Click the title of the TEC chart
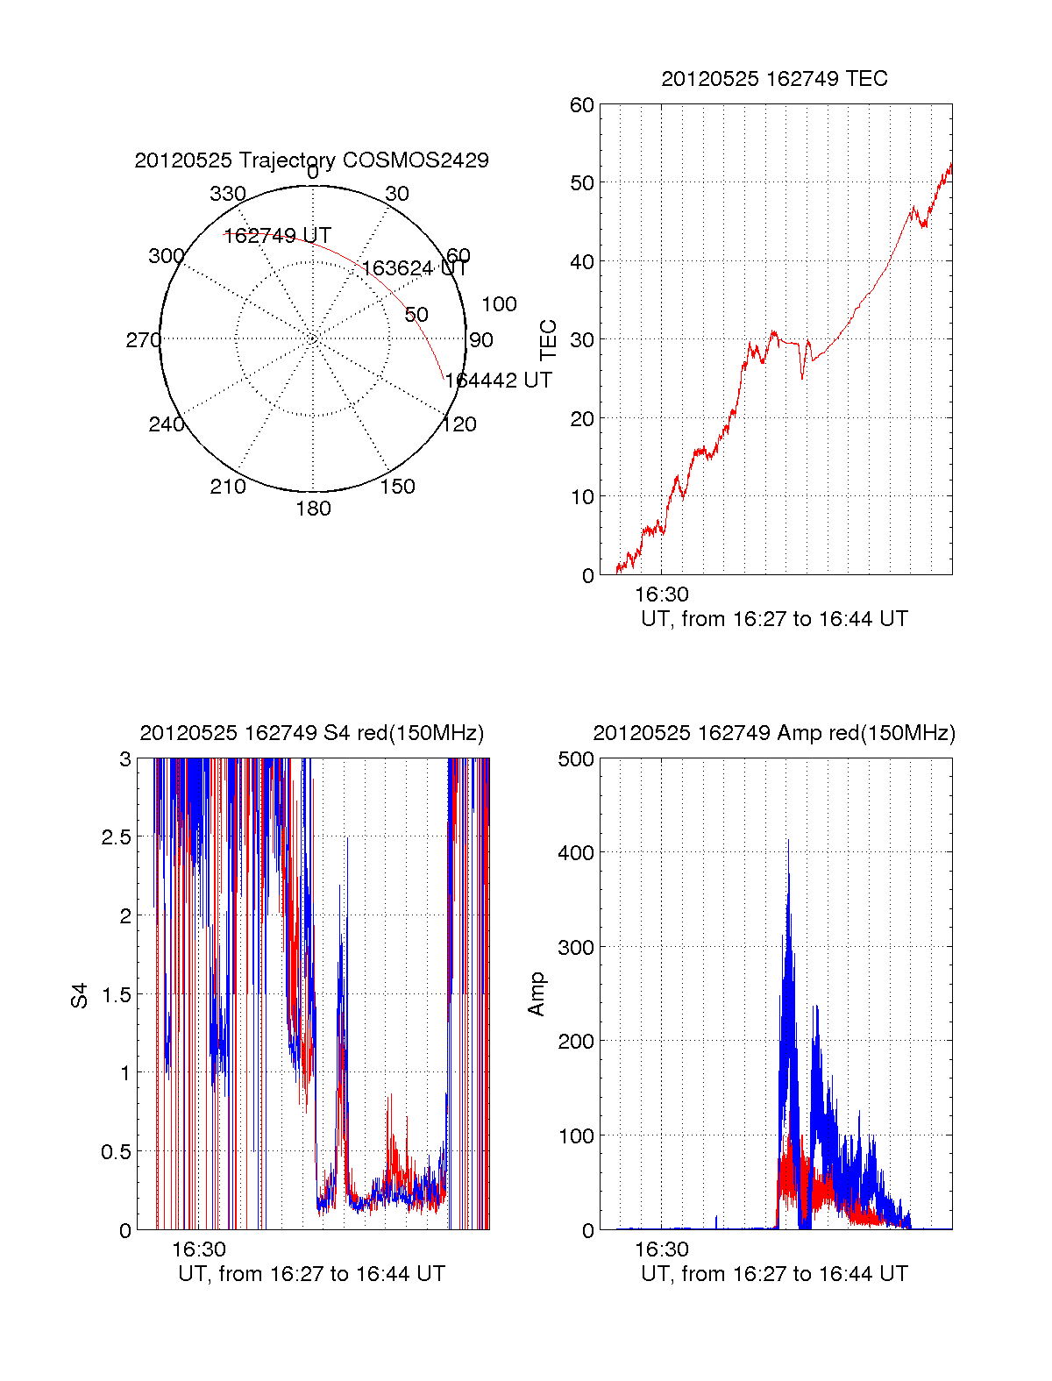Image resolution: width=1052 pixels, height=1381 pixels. [774, 79]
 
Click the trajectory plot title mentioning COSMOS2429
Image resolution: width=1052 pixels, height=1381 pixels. [311, 160]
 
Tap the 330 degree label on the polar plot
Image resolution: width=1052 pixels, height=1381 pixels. [228, 194]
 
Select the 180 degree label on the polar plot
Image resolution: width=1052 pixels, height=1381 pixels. [313, 509]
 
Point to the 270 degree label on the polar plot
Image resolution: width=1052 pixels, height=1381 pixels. [143, 340]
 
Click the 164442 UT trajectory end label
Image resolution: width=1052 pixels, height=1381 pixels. [498, 381]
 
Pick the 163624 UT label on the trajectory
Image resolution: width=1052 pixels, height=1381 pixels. [415, 268]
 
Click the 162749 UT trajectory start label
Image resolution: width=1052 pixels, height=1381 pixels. [277, 236]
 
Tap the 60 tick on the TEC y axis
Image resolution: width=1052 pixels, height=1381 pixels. [582, 106]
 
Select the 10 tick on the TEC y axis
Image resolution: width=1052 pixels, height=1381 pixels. [582, 497]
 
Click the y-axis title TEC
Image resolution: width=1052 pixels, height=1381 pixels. [549, 340]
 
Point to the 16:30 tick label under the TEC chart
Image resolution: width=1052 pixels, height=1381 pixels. [661, 594]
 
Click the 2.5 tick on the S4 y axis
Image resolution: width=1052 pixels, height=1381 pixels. [116, 837]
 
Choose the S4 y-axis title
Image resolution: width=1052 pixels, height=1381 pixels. [80, 995]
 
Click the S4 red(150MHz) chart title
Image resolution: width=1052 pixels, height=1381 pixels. [311, 733]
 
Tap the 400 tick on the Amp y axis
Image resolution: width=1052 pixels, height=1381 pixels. [576, 852]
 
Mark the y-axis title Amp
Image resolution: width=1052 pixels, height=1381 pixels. [537, 994]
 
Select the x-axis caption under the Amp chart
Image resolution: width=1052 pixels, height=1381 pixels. [774, 1274]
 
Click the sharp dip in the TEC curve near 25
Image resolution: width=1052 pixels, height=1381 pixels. [801, 378]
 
